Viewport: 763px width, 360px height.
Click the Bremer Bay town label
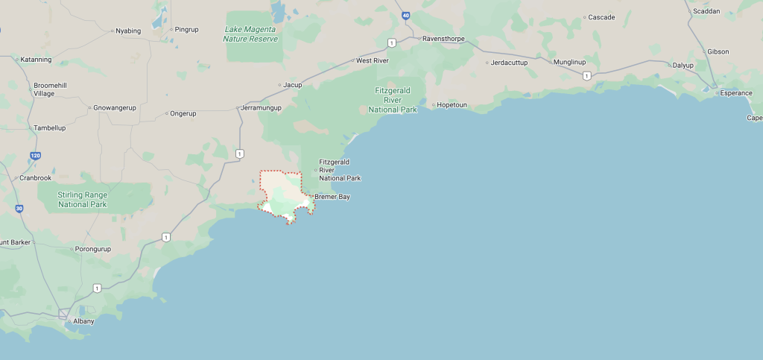pyautogui.click(x=332, y=197)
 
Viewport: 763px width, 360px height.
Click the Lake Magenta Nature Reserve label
pyautogui.click(x=251, y=34)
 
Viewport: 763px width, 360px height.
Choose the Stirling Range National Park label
pyautogui.click(x=83, y=200)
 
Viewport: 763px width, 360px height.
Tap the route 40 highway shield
pyautogui.click(x=405, y=15)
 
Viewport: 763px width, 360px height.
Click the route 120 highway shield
pyautogui.click(x=35, y=156)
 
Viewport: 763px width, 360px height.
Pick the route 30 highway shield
pyautogui.click(x=19, y=208)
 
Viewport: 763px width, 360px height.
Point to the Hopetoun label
pyautogui.click(x=452, y=105)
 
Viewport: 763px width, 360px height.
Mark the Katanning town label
pyautogui.click(x=37, y=59)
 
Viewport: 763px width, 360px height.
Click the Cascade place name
pyautogui.click(x=601, y=16)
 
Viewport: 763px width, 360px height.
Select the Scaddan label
pyautogui.click(x=706, y=11)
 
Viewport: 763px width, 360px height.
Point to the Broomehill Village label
pyautogui.click(x=50, y=89)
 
